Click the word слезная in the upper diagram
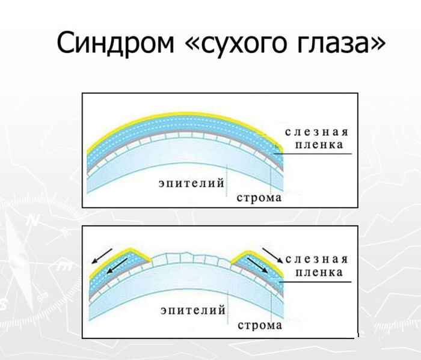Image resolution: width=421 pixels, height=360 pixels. click(316, 132)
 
